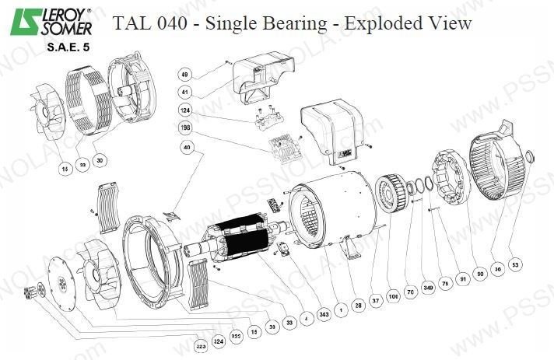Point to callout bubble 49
coord(185,75)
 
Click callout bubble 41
coord(185,92)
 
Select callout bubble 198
coord(185,127)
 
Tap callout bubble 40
coord(185,147)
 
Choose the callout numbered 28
coord(359,305)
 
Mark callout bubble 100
coord(394,297)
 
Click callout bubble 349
coord(427,288)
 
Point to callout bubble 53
coord(516,264)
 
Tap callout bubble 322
coord(235,335)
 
